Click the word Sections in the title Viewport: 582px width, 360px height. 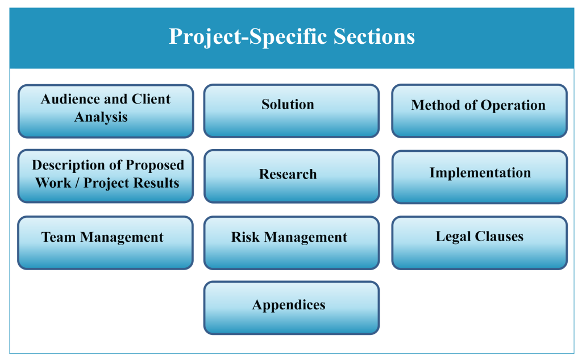click(374, 36)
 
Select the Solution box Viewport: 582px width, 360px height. click(292, 111)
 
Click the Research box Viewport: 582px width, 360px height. click(292, 176)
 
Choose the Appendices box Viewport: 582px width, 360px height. click(292, 308)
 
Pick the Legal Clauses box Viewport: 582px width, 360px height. click(480, 243)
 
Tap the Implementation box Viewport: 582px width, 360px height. click(480, 177)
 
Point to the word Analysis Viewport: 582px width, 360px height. click(101, 117)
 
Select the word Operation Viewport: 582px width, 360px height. click(513, 106)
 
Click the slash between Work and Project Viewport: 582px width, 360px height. click(77, 183)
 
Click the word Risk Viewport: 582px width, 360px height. click(245, 237)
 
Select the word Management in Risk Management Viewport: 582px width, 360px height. click(306, 238)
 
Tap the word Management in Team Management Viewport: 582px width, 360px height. click(122, 238)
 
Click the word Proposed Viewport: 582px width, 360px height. click(155, 165)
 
